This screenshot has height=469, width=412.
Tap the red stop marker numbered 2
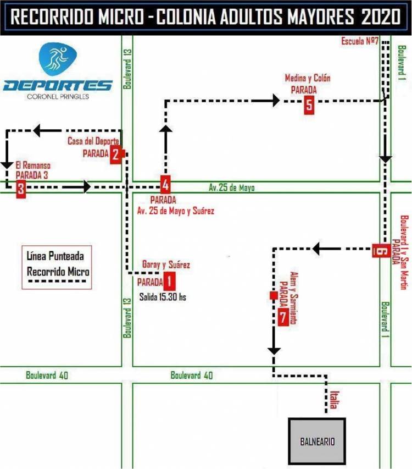click(115, 155)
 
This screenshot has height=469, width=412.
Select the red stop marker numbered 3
click(21, 190)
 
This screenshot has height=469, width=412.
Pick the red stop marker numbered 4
click(165, 183)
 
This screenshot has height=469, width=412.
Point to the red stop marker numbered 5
click(309, 105)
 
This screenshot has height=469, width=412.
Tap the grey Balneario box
click(318, 440)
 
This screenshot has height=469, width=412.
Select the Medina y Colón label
click(308, 78)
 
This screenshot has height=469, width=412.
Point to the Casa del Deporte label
click(93, 141)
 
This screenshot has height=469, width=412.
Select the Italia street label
click(333, 400)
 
